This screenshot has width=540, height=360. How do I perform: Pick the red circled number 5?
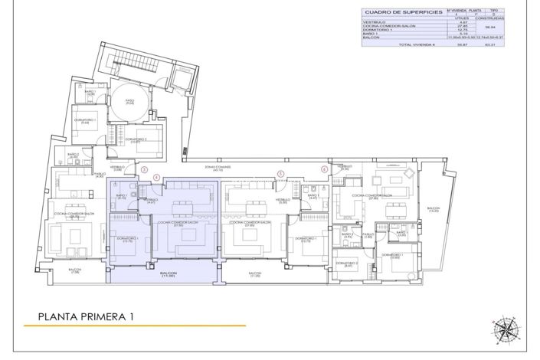point(280,174)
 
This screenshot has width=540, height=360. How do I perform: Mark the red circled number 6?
point(324,169)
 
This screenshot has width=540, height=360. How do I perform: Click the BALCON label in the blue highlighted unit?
point(169,273)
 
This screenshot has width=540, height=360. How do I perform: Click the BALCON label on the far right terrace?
point(434,208)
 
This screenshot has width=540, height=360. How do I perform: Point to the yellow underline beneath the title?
point(134,326)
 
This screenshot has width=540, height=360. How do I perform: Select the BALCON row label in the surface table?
point(371,37)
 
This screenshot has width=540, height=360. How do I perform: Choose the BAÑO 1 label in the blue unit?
point(121,195)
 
